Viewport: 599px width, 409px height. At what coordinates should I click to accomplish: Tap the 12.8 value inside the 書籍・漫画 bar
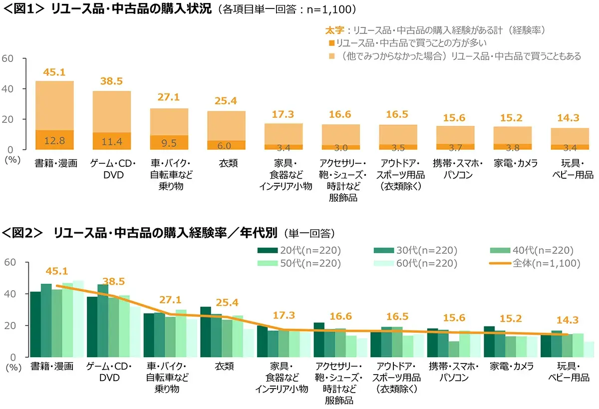tap(54, 141)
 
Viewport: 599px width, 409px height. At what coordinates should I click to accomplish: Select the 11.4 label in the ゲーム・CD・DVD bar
tap(112, 142)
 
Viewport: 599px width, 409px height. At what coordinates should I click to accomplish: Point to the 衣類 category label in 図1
tap(226, 163)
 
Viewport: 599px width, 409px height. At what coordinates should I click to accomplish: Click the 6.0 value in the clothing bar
tap(226, 145)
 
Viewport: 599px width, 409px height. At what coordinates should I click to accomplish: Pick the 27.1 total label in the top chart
tap(169, 97)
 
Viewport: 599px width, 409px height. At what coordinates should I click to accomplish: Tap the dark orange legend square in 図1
tap(331, 43)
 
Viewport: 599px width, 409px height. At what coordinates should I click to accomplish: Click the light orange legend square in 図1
tap(331, 56)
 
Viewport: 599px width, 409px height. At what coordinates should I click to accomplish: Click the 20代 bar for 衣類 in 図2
tap(205, 332)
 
